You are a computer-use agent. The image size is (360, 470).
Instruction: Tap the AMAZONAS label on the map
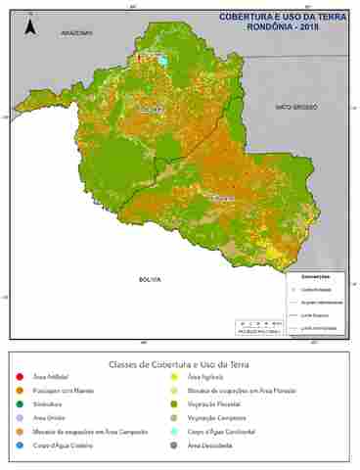(76, 32)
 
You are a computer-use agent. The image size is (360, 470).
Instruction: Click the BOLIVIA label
(149, 279)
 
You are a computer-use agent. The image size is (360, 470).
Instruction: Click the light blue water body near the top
(162, 62)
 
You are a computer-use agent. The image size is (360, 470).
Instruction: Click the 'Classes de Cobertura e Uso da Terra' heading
(179, 363)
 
